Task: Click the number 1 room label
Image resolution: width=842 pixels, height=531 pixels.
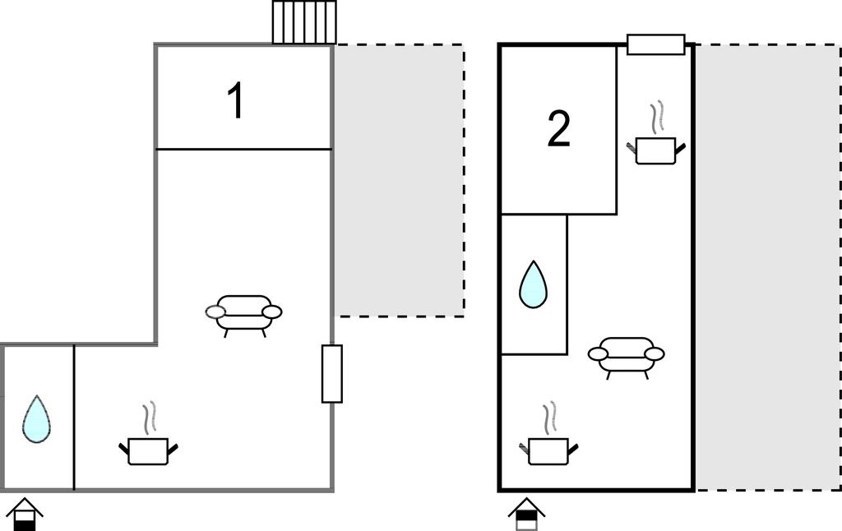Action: (x=235, y=101)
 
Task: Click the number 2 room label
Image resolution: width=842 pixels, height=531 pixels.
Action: (x=558, y=130)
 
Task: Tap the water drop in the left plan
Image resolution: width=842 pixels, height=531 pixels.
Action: (x=35, y=419)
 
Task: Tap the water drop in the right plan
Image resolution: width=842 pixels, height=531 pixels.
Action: (x=533, y=284)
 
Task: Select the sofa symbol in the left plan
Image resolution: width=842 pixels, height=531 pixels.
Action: (x=243, y=313)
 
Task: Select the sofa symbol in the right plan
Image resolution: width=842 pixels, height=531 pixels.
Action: (x=627, y=355)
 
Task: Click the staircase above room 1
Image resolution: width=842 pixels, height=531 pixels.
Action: (x=304, y=22)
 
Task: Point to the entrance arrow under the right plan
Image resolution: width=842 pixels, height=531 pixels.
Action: (x=525, y=515)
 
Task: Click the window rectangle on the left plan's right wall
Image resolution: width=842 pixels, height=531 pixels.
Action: (x=331, y=374)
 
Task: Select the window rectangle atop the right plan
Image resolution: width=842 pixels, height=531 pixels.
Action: (x=655, y=44)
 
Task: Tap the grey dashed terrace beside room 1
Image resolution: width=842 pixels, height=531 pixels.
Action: (x=399, y=181)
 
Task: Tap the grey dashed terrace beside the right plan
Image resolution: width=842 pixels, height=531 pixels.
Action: (x=766, y=267)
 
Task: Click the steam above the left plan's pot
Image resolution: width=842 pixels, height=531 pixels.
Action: (x=149, y=418)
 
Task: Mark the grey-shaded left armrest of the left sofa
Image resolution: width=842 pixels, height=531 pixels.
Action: (x=215, y=312)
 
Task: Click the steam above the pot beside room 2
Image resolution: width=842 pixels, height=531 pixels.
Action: (x=656, y=118)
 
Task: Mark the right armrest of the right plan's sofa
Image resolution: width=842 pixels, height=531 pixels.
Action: (x=655, y=354)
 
